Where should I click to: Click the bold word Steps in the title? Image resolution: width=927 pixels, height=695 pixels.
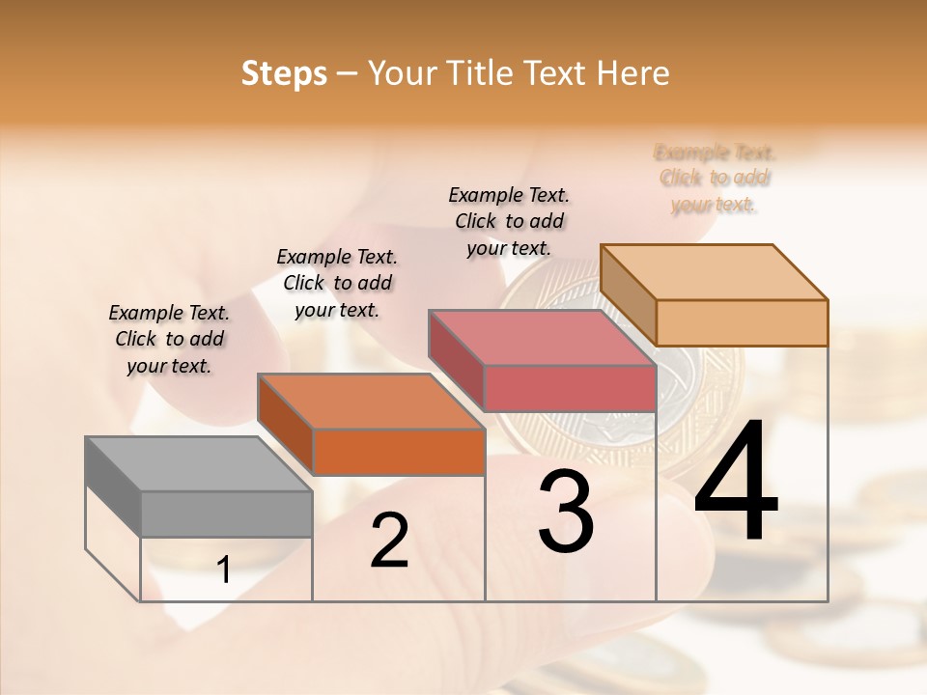pos(284,73)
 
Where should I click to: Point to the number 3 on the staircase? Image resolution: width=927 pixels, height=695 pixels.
pos(566,513)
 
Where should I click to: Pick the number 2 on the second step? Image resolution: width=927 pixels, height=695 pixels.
pos(389,541)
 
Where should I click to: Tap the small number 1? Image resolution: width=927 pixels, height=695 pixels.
pos(224,570)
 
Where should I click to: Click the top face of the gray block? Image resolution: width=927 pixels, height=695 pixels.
pos(199,463)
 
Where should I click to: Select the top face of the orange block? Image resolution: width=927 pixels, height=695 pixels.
pos(371,401)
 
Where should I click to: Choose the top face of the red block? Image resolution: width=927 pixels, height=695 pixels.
pos(542,338)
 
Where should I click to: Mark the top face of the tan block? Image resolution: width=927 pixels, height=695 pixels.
pos(715,271)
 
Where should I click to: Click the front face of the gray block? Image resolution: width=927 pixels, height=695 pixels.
pos(227,514)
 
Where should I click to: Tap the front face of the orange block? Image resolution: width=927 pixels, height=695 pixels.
pos(399,452)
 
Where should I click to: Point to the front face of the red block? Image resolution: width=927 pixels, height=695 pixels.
pos(570,388)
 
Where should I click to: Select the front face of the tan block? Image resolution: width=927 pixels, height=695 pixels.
pos(742,322)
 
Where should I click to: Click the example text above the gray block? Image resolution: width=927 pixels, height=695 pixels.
pos(169,339)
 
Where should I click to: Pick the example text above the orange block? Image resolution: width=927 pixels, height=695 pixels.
pos(337,283)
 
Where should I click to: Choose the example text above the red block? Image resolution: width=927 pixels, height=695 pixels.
pos(509,221)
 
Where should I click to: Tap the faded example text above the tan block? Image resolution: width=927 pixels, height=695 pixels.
pos(715,179)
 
